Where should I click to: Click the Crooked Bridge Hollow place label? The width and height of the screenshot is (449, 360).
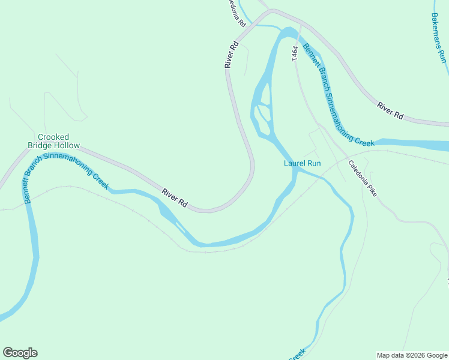click(53, 141)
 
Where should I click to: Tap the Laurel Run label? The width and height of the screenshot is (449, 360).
click(303, 163)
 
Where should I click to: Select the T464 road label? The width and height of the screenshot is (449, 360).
click(295, 53)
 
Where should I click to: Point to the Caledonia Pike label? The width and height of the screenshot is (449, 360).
click(362, 179)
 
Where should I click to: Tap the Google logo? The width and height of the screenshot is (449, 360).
click(20, 353)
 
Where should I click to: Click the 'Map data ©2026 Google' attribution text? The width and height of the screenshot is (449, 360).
click(412, 355)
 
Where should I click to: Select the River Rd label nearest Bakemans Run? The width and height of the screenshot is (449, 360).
click(390, 111)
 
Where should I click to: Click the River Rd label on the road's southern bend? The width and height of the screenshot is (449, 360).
click(175, 199)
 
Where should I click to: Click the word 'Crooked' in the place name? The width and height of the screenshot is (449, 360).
click(53, 137)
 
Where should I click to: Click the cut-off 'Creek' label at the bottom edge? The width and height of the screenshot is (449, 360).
click(297, 355)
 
